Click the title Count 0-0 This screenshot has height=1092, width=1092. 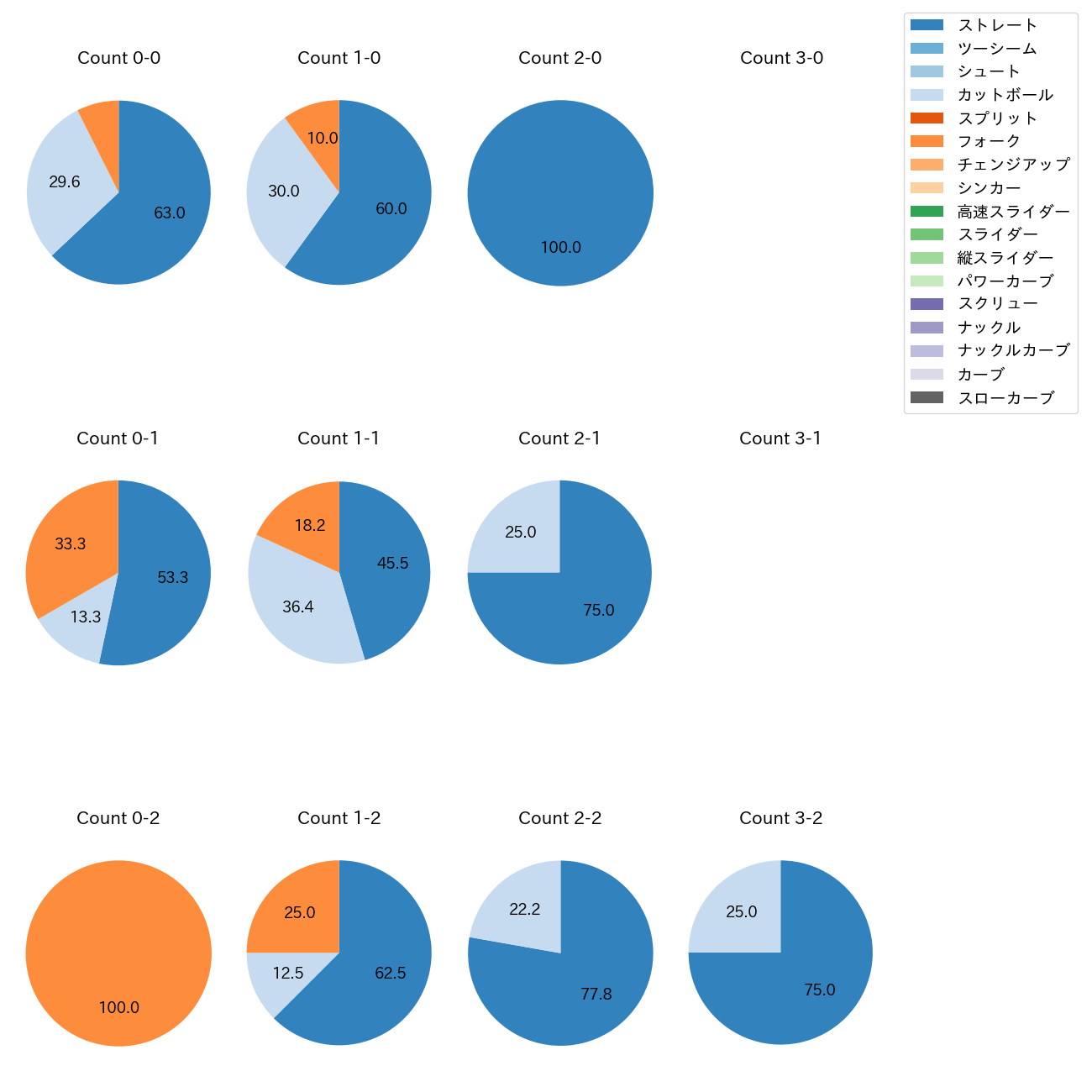118,58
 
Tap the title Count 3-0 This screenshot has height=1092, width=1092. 781,58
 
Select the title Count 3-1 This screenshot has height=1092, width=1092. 780,438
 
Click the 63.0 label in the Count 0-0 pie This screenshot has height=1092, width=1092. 170,213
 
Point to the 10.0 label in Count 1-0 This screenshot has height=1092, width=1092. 323,139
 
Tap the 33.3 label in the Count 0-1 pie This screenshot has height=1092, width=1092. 71,544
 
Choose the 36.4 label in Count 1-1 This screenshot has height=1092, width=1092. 298,606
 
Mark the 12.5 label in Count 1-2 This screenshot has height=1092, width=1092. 288,973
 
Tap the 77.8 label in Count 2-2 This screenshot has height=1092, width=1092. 596,995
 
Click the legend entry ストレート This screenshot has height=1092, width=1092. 997,25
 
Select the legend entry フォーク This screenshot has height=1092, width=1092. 989,141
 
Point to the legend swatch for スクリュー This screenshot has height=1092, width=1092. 927,304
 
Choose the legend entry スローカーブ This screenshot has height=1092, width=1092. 1005,398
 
